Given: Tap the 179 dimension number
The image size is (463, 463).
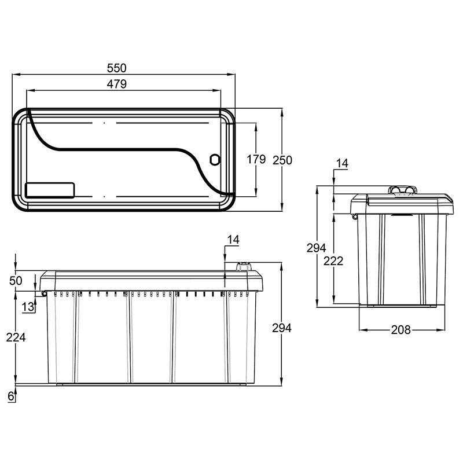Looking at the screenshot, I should (x=255, y=159).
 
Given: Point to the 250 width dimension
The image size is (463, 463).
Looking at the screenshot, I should (x=282, y=160).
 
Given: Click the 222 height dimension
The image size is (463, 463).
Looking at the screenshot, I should (x=335, y=260).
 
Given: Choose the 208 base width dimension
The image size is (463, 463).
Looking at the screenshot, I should (x=400, y=330).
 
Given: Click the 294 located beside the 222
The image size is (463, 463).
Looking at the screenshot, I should (x=317, y=248).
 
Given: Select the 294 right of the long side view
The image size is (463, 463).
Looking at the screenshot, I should (x=281, y=328).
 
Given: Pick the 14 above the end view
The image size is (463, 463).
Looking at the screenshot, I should (x=341, y=164).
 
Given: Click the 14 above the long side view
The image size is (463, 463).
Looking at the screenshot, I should (x=233, y=239).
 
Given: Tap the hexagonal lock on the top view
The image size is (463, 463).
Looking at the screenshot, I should (x=214, y=159).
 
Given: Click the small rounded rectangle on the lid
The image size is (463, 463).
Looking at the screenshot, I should (x=51, y=190).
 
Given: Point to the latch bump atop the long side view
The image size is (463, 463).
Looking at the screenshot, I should (x=242, y=266).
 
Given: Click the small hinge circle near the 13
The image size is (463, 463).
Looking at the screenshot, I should (x=44, y=293).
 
